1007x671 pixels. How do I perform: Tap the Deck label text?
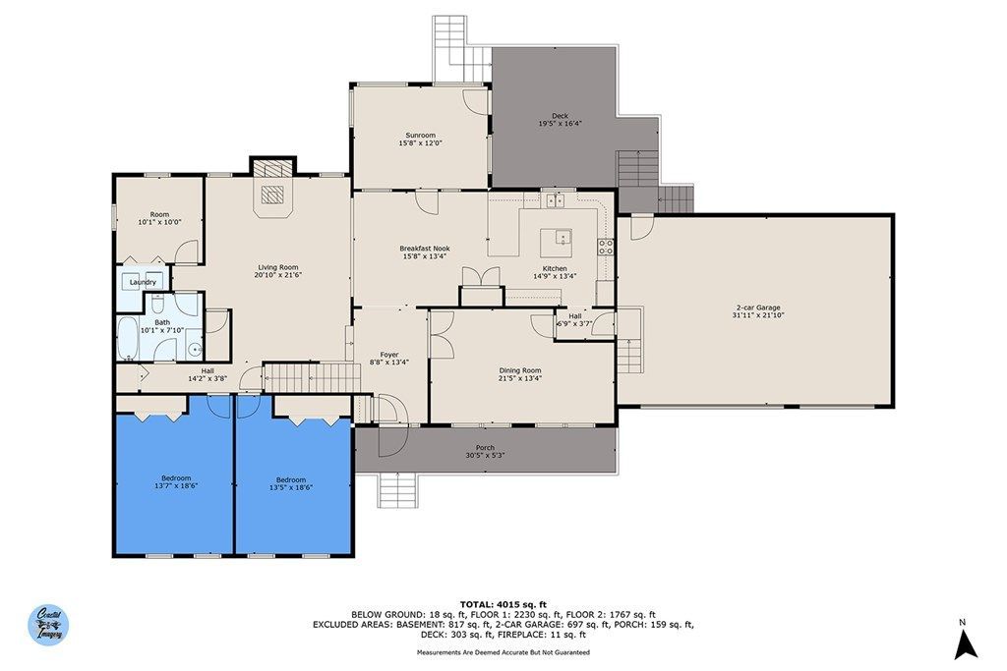(x=560, y=116)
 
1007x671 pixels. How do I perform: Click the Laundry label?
(x=143, y=282)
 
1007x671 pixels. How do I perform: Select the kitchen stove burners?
(x=606, y=247)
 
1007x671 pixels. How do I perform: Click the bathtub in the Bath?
(x=128, y=338)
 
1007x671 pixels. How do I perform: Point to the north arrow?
(x=966, y=643)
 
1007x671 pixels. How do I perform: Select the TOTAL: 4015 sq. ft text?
(x=503, y=604)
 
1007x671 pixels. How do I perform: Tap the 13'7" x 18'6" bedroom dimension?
(x=176, y=486)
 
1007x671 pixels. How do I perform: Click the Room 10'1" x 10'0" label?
(x=160, y=218)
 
